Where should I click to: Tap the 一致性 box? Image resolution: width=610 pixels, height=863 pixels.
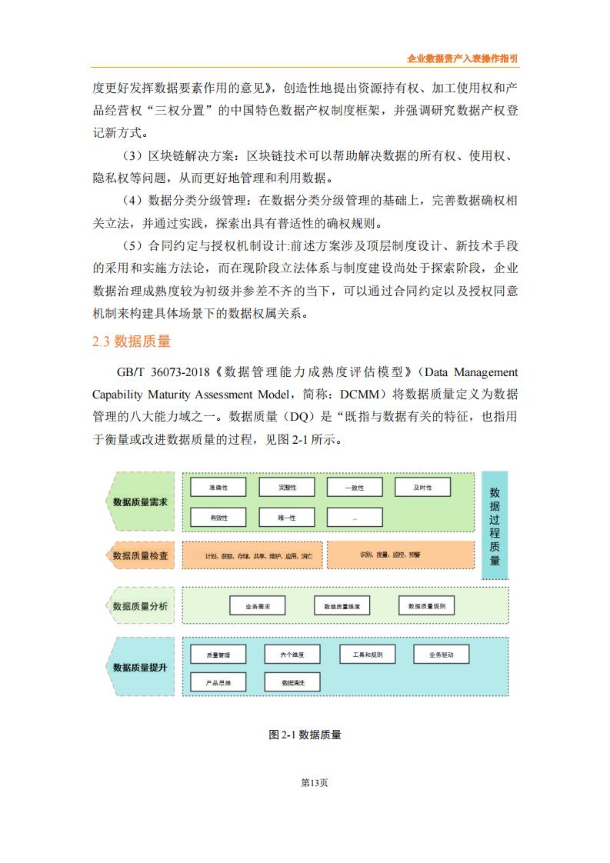(355, 488)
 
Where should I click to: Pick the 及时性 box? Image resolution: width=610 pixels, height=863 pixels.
(422, 488)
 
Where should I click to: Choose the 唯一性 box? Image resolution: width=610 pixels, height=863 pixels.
(286, 518)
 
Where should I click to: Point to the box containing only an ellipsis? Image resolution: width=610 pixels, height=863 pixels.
(355, 518)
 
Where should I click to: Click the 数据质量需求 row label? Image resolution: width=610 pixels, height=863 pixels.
(139, 502)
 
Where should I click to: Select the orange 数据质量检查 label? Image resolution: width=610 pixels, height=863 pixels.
(139, 555)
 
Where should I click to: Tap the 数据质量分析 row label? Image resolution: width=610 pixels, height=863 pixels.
(139, 606)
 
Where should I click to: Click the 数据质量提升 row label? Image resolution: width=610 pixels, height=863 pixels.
(139, 667)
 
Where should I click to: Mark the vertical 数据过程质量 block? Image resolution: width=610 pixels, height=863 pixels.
(495, 525)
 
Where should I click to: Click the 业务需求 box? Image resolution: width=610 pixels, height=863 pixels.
(258, 606)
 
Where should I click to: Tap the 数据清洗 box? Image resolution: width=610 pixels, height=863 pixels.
(292, 682)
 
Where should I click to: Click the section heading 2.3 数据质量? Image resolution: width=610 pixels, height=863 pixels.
(131, 342)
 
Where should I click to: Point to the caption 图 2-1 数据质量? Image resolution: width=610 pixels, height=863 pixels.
(305, 735)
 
